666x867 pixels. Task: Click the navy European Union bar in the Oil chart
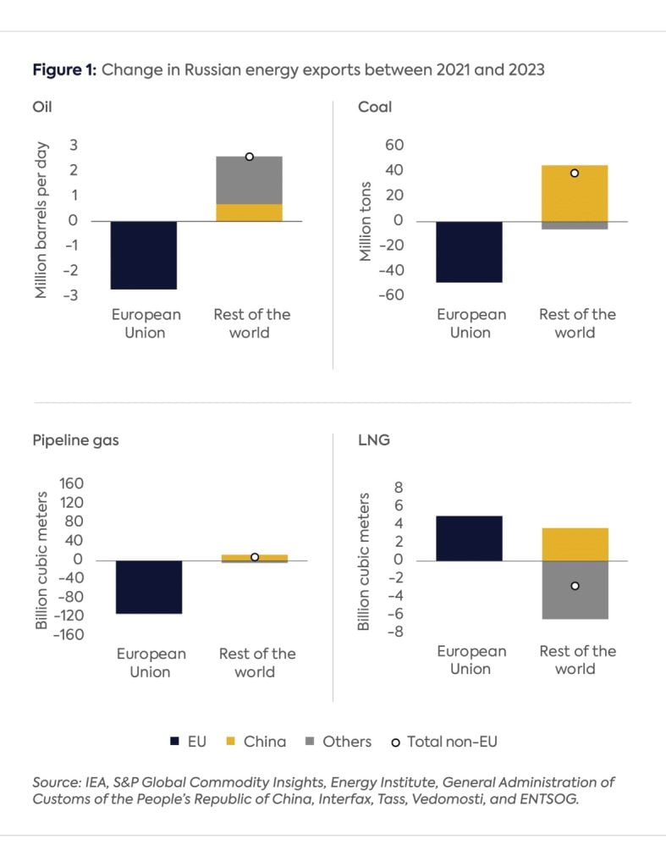pyautogui.click(x=144, y=255)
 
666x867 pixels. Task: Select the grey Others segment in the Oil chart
pyautogui.click(x=249, y=180)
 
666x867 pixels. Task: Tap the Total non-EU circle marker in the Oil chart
pyautogui.click(x=250, y=157)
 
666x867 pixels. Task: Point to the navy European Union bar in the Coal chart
pyautogui.click(x=470, y=251)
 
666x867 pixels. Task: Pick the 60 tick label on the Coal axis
pyautogui.click(x=394, y=146)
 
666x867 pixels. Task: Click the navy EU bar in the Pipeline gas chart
pyautogui.click(x=149, y=587)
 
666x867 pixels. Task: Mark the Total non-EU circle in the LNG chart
pyautogui.click(x=575, y=586)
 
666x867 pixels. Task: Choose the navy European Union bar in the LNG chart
pyautogui.click(x=470, y=538)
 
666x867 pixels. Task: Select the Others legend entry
pyautogui.click(x=338, y=742)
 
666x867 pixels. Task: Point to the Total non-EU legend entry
pyautogui.click(x=444, y=742)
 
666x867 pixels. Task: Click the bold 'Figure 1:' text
pyautogui.click(x=65, y=70)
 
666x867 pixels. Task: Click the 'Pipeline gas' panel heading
pyautogui.click(x=75, y=441)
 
